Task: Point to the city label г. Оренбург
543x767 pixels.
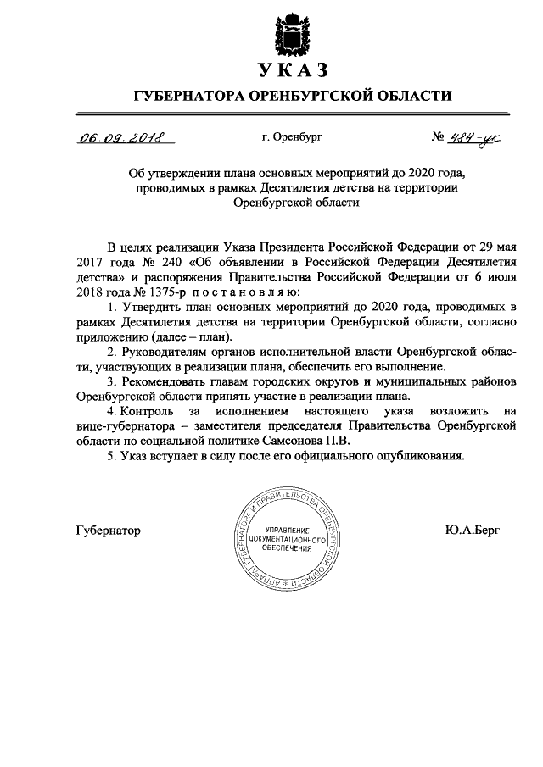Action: click(293, 136)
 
